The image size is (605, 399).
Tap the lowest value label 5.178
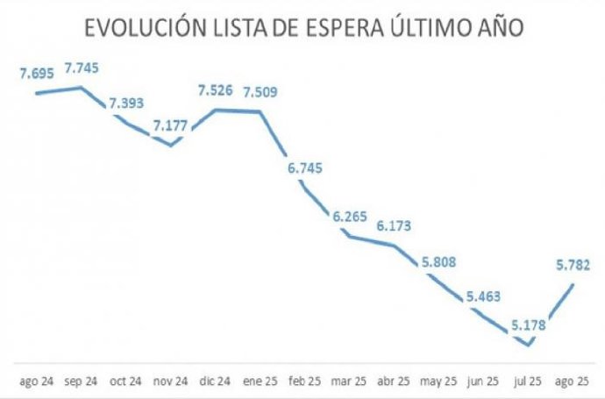pyautogui.click(x=529, y=325)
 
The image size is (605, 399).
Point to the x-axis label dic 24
pyautogui.click(x=216, y=381)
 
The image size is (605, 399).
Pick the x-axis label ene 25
pyautogui.click(x=260, y=381)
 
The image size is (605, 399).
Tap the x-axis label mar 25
pyautogui.click(x=350, y=381)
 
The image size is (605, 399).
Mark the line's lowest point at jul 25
pyautogui.click(x=529, y=345)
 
